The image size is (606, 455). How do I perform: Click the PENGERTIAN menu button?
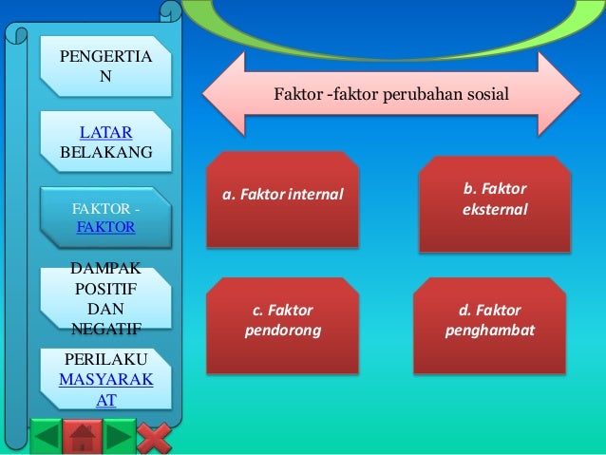coord(104,66)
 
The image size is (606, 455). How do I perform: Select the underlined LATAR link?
coord(104,132)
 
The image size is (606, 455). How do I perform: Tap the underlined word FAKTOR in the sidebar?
coord(104,228)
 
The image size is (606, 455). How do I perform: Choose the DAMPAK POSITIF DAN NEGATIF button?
coord(104,298)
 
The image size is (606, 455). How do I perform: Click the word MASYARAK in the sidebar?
coord(104,382)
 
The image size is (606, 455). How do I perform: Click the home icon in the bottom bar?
coord(83,437)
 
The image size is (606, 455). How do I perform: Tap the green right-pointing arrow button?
coord(118,437)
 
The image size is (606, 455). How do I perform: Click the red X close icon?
coord(154,437)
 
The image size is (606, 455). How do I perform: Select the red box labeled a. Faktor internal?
coord(283,198)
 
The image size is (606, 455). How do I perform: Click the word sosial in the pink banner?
coord(487,95)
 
